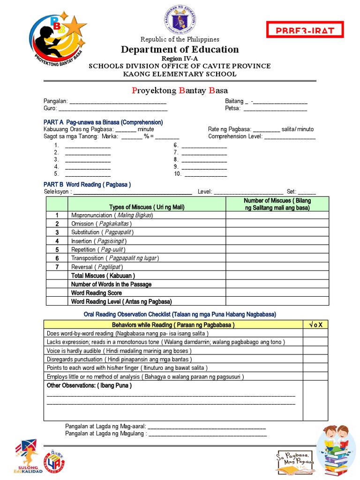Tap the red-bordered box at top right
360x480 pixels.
click(x=305, y=30)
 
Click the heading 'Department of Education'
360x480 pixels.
click(x=180, y=50)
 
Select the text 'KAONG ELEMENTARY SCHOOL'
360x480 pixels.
click(x=180, y=74)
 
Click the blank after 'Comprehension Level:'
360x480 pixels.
click(x=290, y=137)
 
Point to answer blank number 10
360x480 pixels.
click(x=206, y=174)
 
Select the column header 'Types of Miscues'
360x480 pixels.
click(x=147, y=207)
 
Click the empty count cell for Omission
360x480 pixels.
click(x=277, y=224)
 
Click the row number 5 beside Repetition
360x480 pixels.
click(x=57, y=249)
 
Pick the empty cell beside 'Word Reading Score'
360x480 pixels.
click(x=277, y=292)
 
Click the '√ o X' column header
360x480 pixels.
click(x=315, y=325)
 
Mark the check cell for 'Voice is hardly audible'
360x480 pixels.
click(x=315, y=351)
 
